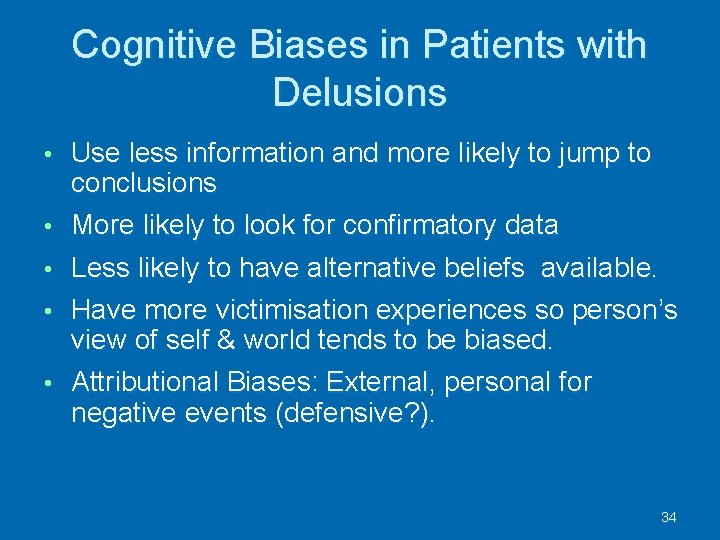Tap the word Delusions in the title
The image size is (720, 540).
click(359, 93)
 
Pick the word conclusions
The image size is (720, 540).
click(144, 182)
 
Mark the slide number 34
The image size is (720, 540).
click(669, 517)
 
